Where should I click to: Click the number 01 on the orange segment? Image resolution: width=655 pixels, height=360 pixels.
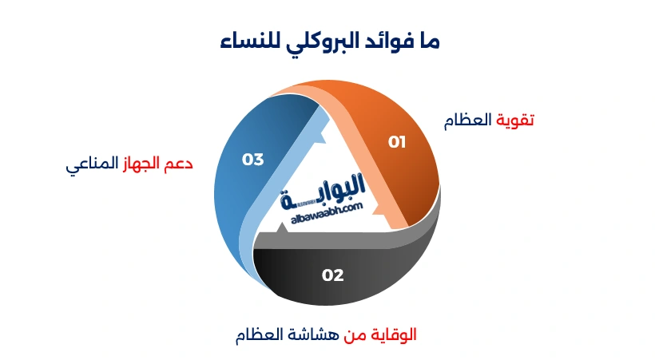click(397, 142)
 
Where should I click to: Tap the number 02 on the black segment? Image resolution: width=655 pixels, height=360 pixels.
click(332, 275)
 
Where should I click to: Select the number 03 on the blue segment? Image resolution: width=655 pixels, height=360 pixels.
click(252, 160)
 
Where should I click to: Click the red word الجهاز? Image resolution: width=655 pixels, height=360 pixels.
click(144, 164)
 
